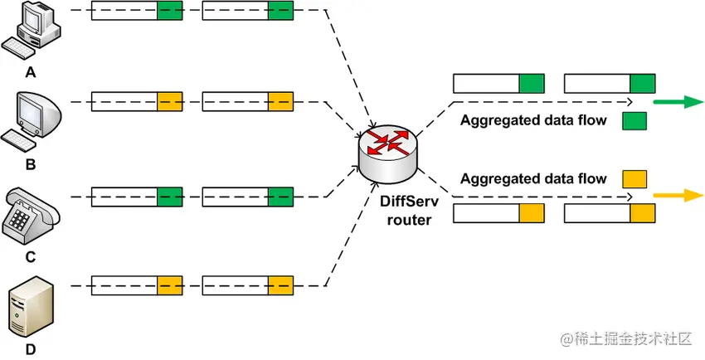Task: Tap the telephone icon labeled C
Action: coord(31,215)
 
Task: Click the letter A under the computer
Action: coord(31,72)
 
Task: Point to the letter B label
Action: coord(31,164)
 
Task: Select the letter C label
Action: coord(31,256)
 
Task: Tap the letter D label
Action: coord(31,349)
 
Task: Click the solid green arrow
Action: coord(677,103)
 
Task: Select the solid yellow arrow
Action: coord(677,197)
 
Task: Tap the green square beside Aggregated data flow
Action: coord(634,121)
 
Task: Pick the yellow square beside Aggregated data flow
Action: coord(634,178)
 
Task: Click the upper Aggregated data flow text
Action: coord(533,121)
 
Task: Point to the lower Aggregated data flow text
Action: coord(533,178)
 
